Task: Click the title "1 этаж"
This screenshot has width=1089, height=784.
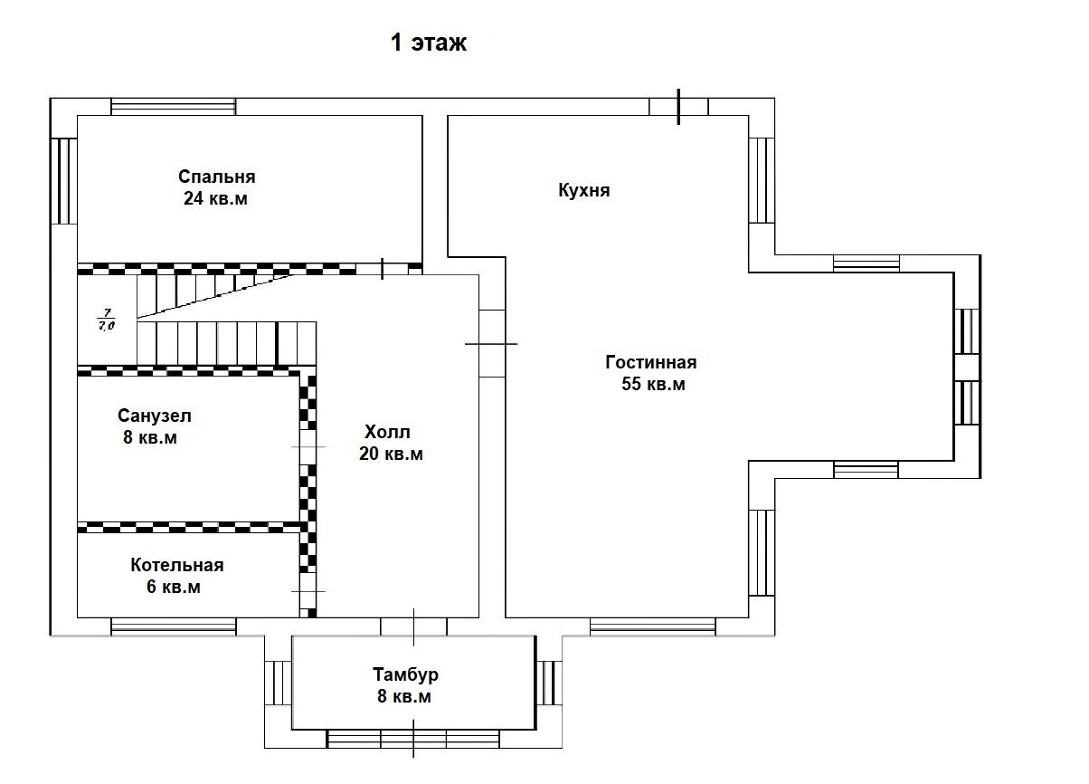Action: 429,43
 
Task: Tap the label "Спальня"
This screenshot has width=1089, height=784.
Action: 217,177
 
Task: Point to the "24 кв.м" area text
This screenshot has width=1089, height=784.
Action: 215,198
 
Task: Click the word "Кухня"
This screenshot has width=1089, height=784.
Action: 584,190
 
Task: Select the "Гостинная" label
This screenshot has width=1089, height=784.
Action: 651,362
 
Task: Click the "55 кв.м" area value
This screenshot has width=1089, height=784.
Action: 653,384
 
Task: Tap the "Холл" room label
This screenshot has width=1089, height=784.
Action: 387,432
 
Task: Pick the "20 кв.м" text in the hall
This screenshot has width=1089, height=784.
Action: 391,454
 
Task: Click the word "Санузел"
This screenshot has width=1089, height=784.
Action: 155,416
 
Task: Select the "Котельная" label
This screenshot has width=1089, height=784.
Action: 177,565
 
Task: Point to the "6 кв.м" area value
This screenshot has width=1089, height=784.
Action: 174,587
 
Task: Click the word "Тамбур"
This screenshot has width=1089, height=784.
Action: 405,674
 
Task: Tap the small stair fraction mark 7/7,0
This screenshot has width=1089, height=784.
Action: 107,320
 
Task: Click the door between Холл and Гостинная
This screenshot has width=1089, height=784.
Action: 492,344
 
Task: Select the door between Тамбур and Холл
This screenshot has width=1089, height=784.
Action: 413,626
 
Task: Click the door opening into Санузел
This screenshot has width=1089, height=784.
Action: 308,446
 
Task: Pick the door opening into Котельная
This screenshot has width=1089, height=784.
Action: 308,591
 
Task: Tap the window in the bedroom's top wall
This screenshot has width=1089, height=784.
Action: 174,107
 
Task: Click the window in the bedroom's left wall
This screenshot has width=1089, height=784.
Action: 63,181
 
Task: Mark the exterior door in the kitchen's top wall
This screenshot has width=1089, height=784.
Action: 678,107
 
